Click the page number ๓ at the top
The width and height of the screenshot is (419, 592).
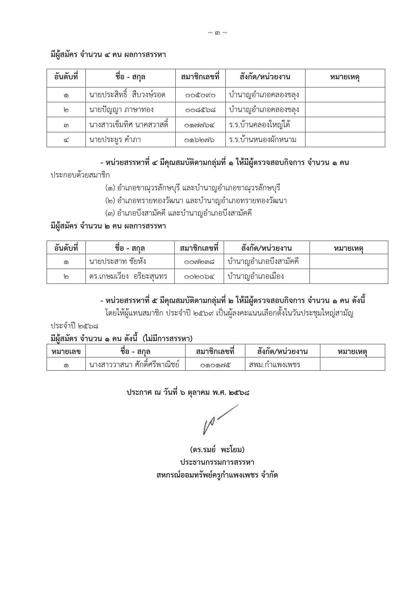coord(217,33)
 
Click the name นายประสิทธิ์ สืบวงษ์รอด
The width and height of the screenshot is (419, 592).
coord(127,95)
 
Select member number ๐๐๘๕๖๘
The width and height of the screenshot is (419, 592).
coord(200,110)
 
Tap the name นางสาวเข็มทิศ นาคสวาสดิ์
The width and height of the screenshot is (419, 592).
coord(129,125)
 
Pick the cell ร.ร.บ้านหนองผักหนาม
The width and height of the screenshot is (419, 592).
coord(263,140)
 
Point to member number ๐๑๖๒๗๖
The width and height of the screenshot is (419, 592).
coord(200,140)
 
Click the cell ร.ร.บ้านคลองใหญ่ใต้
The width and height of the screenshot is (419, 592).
coord(260,125)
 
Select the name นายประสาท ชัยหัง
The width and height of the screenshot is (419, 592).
coord(118,262)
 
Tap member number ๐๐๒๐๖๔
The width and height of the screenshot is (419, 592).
coord(199,276)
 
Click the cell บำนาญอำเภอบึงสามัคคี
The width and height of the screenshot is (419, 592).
coord(263,262)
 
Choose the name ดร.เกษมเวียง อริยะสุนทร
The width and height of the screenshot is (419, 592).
coord(128,276)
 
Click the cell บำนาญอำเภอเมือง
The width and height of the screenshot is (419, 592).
coord(256,276)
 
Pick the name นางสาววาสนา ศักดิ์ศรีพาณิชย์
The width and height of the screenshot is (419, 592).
coord(134,365)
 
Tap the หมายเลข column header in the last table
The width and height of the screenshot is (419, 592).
coord(66,351)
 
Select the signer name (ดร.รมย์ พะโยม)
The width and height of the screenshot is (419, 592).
coord(217,450)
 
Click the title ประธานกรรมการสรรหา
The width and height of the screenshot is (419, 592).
coord(217,462)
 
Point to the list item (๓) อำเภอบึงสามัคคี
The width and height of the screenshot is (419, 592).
coord(178,213)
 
